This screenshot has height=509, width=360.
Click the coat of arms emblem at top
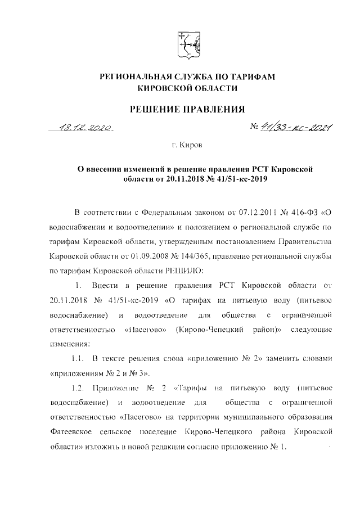[187, 44]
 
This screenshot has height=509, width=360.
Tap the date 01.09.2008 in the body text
[147, 255]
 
